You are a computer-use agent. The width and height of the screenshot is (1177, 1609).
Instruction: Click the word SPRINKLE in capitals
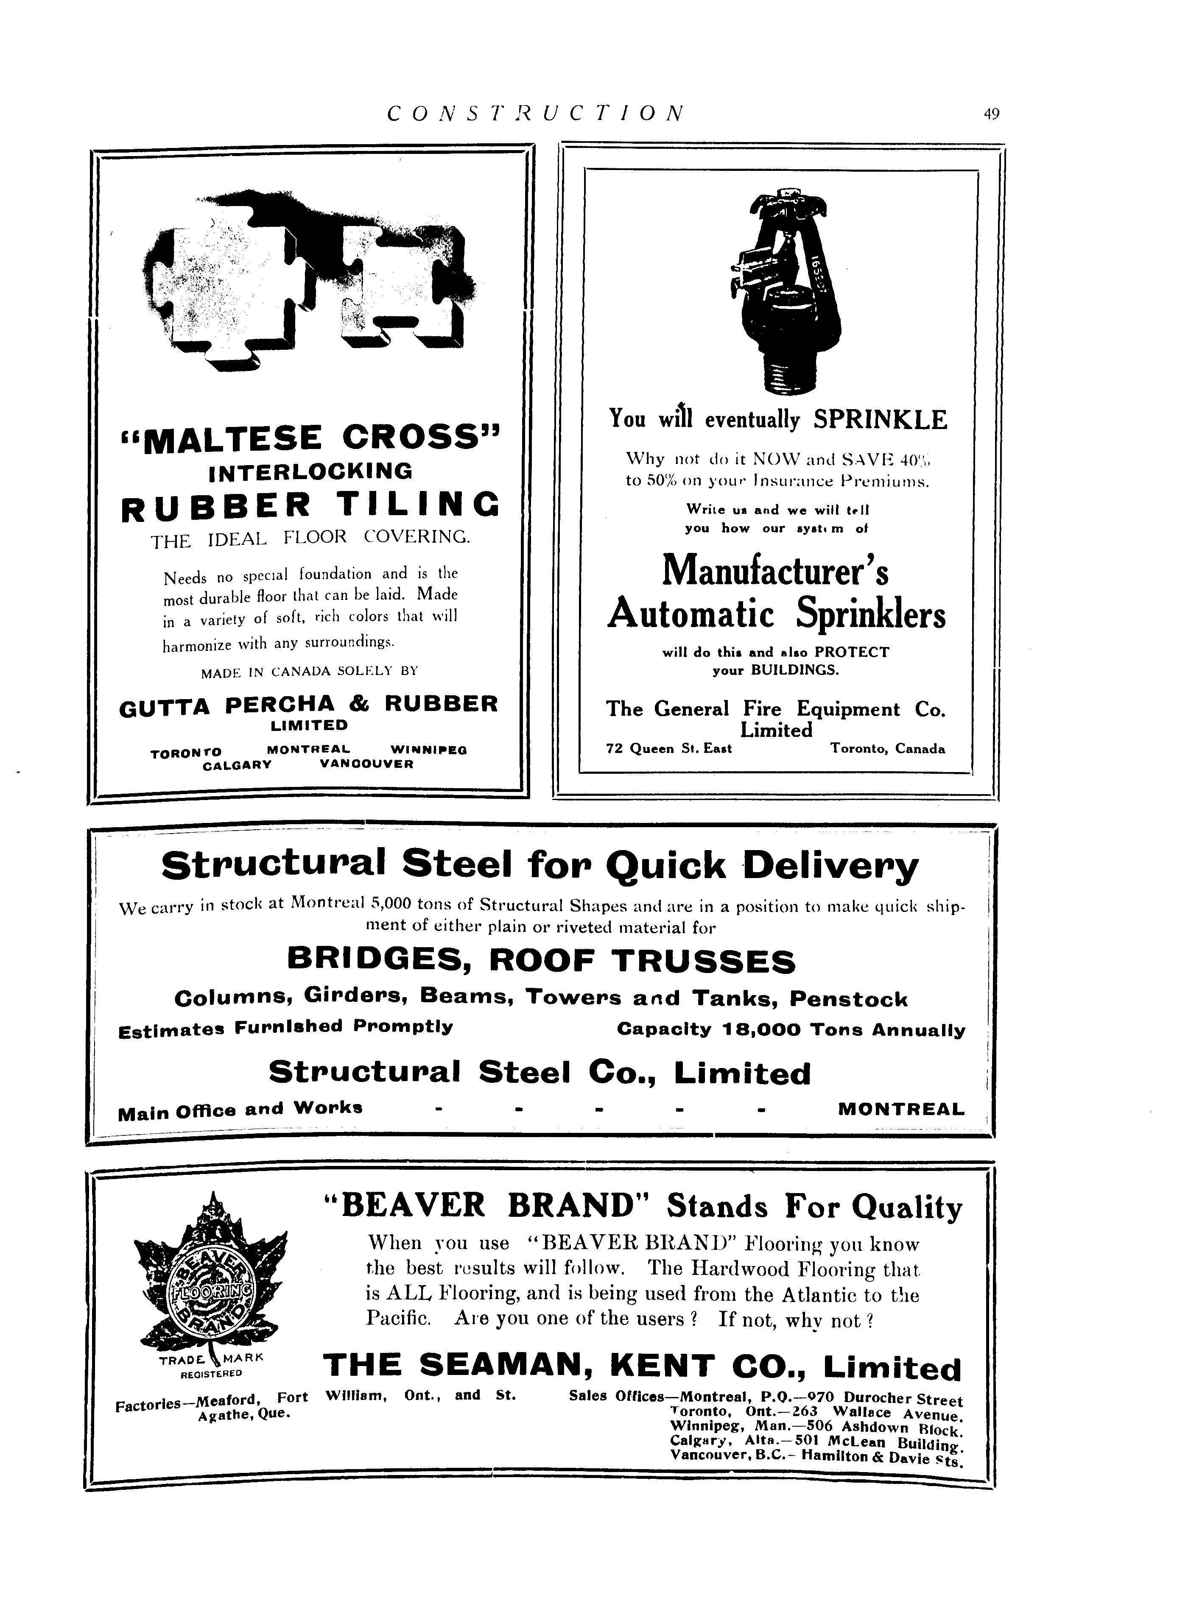[x=880, y=419]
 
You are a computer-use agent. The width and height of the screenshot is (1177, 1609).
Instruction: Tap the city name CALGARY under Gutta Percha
[x=237, y=765]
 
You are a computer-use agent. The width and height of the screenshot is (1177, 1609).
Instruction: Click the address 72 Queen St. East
[x=668, y=749]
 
